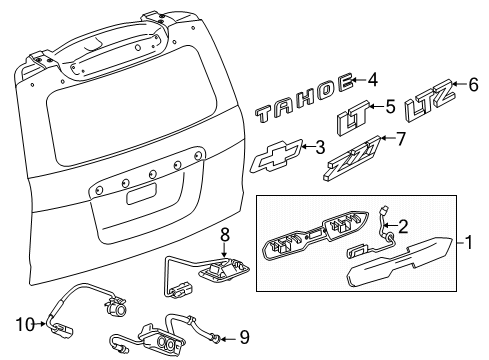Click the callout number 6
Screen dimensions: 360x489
pos(473,87)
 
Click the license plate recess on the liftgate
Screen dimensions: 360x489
pos(140,193)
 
